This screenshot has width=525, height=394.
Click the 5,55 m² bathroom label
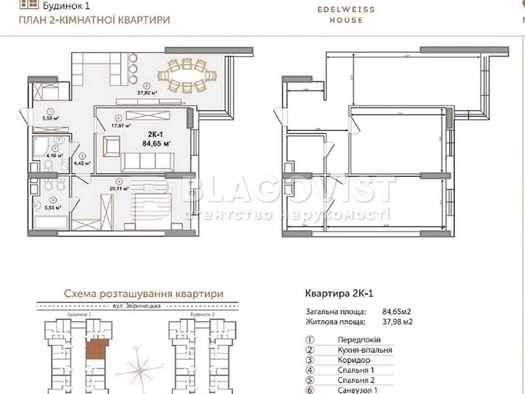(x=53, y=207)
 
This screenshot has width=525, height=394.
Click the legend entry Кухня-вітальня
(x=365, y=350)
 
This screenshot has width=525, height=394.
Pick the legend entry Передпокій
(x=359, y=340)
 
